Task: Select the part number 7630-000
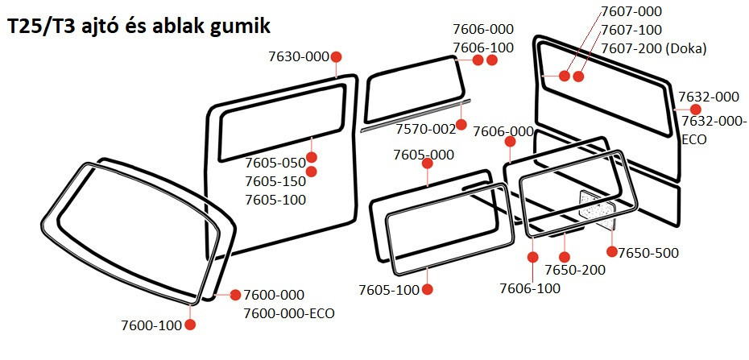[299, 57]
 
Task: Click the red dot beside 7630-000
[336, 57]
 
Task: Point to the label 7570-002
[425, 129]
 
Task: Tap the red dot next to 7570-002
[461, 125]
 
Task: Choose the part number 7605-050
[275, 163]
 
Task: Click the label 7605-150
[275, 181]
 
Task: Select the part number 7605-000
[424, 155]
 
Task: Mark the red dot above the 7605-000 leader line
[428, 163]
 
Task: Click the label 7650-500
[648, 253]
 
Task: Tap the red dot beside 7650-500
[612, 251]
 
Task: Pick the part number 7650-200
[575, 270]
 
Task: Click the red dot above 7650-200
[564, 257]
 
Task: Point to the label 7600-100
[151, 325]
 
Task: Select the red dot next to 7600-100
[190, 325]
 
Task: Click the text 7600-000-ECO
[289, 313]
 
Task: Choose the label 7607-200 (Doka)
[653, 48]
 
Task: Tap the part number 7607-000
[631, 11]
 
